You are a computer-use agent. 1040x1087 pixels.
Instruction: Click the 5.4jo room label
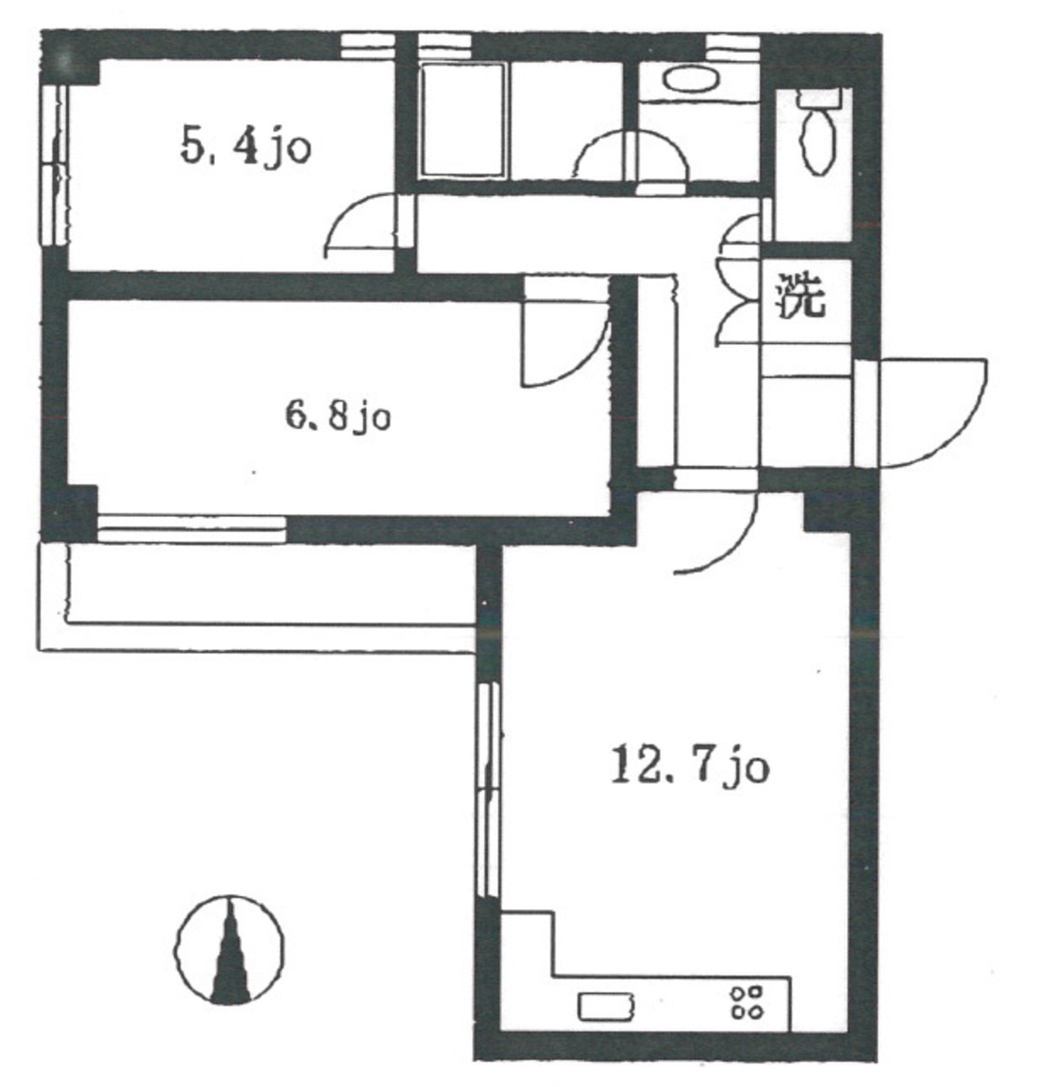pos(246,148)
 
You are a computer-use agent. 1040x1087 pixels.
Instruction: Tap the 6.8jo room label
pos(338,417)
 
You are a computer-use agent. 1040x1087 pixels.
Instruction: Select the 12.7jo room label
pos(690,767)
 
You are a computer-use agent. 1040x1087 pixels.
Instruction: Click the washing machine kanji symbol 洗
pos(803,296)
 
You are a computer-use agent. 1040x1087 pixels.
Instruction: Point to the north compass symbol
pos(229,949)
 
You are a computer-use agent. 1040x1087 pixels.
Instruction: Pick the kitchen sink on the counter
pos(606,1006)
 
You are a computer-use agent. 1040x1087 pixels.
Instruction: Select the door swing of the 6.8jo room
pos(565,332)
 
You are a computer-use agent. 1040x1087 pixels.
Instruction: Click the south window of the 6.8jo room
pos(191,529)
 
